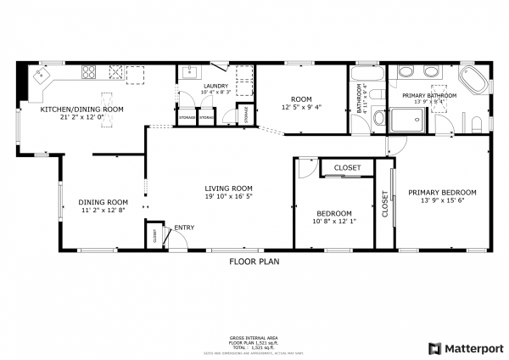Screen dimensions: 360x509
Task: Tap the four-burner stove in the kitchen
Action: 87,74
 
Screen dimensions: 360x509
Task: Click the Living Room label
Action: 229,188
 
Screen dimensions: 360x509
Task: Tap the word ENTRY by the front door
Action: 184,228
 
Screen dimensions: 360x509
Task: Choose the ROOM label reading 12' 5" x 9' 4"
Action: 302,99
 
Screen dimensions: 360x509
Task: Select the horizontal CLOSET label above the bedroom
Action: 347,168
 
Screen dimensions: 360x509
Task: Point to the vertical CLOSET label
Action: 384,205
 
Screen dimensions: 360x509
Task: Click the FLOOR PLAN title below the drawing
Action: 254,262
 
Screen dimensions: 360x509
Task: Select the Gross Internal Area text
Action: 255,337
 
